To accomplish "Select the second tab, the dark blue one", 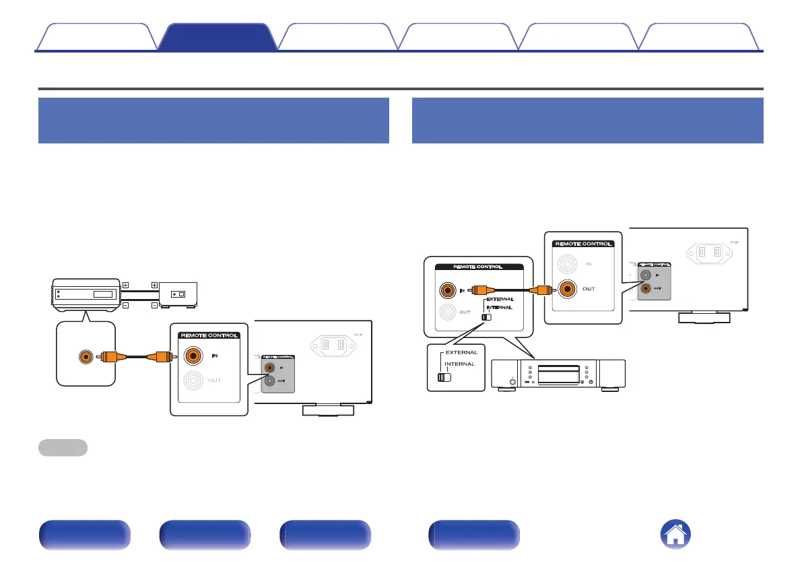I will [x=217, y=37].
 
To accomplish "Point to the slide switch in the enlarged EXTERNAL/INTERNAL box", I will [x=444, y=377].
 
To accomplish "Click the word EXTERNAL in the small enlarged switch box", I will [x=461, y=352].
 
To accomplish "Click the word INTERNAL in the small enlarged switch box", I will [x=461, y=364].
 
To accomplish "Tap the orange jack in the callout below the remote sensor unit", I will [x=86, y=357].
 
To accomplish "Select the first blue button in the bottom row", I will [x=84, y=536].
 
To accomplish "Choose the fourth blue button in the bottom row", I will [x=473, y=536].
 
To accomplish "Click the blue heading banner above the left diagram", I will [x=214, y=121].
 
